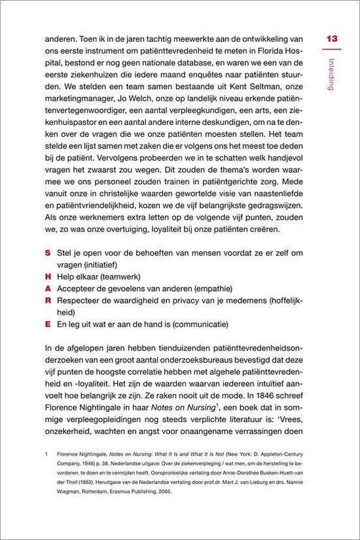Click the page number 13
[x=331, y=39]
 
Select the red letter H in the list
[x=48, y=276]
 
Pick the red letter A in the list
[x=48, y=288]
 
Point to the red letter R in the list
[x=48, y=300]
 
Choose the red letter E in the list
[x=47, y=323]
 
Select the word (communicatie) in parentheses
[x=209, y=323]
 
